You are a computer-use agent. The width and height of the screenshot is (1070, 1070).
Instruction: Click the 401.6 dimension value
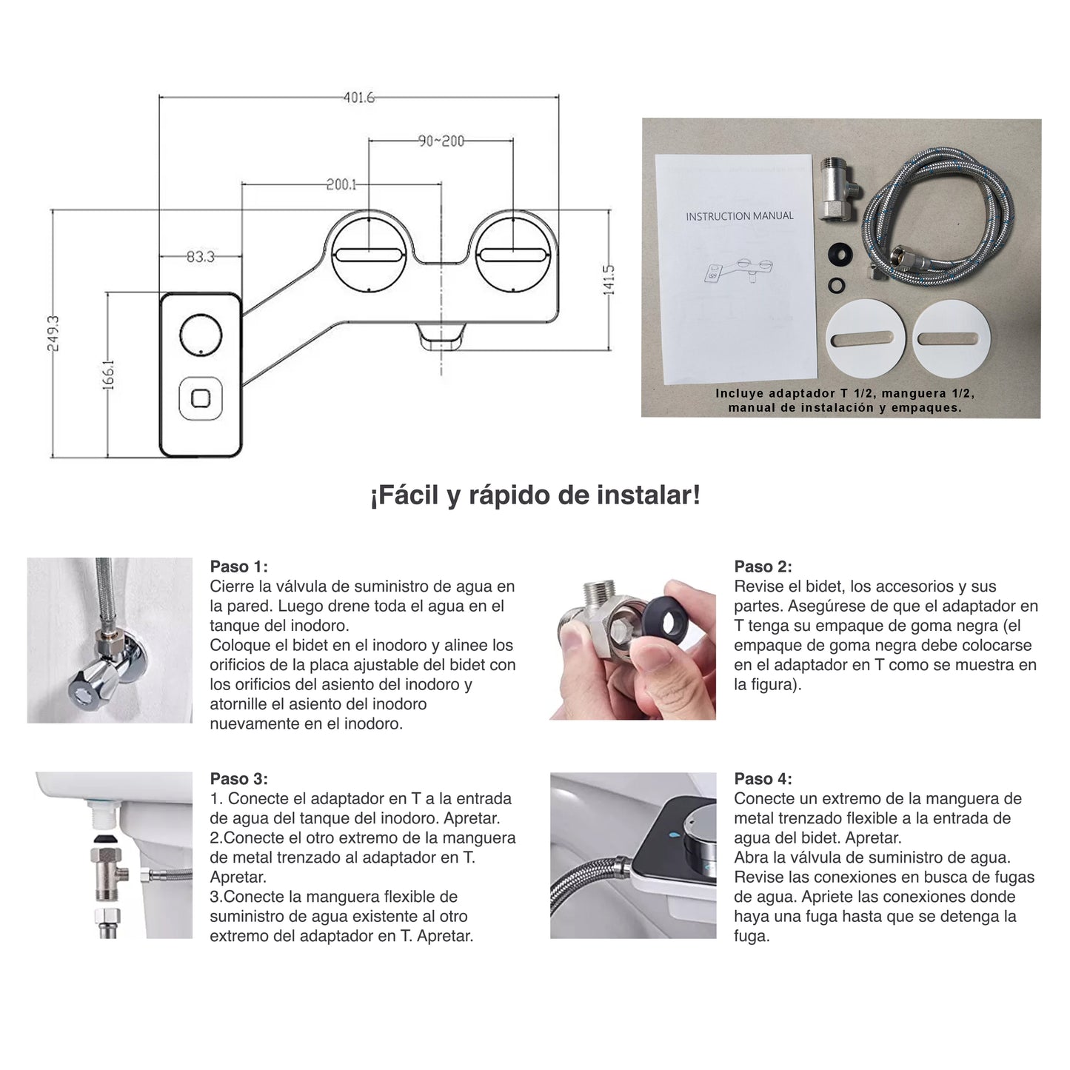(358, 98)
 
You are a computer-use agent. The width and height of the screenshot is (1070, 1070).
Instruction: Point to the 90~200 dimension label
(441, 141)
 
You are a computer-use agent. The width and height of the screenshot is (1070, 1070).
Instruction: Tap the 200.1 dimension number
(341, 184)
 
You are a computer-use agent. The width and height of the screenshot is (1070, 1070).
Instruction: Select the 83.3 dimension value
(201, 256)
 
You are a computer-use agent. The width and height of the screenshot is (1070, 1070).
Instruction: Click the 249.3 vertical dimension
(53, 333)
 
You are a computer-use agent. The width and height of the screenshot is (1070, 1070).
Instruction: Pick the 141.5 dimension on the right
(609, 279)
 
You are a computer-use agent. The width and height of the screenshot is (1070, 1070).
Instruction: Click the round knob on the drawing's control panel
(201, 334)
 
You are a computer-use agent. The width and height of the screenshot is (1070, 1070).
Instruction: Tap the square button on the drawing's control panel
(201, 398)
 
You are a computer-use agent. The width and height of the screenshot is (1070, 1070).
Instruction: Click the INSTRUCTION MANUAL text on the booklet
(739, 216)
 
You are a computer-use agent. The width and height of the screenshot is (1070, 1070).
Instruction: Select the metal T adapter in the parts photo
(839, 187)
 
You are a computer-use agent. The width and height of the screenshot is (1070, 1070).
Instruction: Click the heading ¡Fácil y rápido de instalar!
(535, 495)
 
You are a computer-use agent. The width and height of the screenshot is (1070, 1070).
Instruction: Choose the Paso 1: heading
(238, 566)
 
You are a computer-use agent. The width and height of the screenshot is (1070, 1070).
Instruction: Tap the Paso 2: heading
(763, 566)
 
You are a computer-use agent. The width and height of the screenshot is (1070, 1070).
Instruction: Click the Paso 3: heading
(238, 778)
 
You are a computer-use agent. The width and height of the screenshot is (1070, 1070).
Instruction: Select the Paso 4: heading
(763, 778)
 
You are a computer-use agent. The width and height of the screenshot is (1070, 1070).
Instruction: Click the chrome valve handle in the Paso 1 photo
(94, 683)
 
